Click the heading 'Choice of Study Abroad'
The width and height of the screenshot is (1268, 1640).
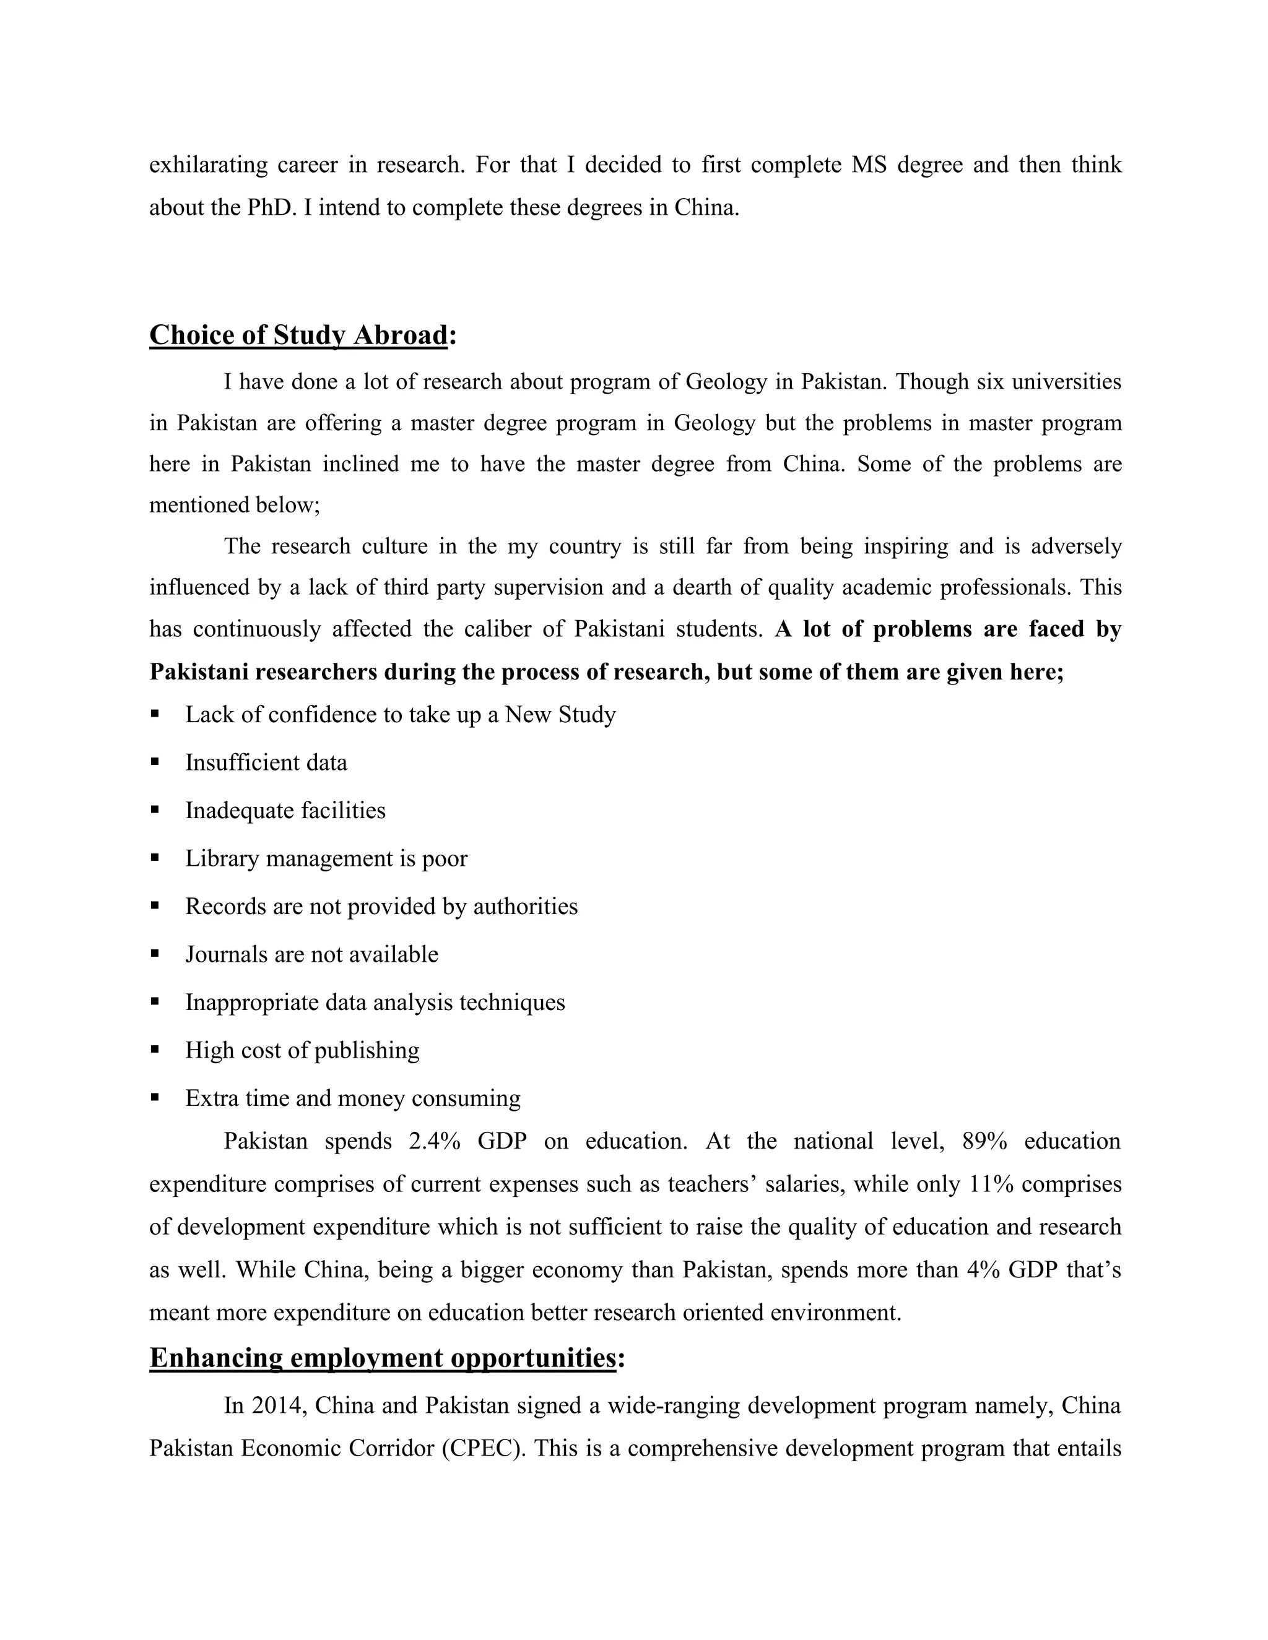(298, 335)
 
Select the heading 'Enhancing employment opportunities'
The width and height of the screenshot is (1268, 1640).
(383, 1357)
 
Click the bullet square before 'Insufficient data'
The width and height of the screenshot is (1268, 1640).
(155, 761)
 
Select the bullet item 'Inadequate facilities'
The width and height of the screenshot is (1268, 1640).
(285, 810)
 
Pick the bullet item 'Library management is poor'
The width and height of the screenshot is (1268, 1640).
(326, 858)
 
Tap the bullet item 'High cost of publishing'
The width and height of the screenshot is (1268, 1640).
(302, 1050)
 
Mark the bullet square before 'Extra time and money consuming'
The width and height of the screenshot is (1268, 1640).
(155, 1097)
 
